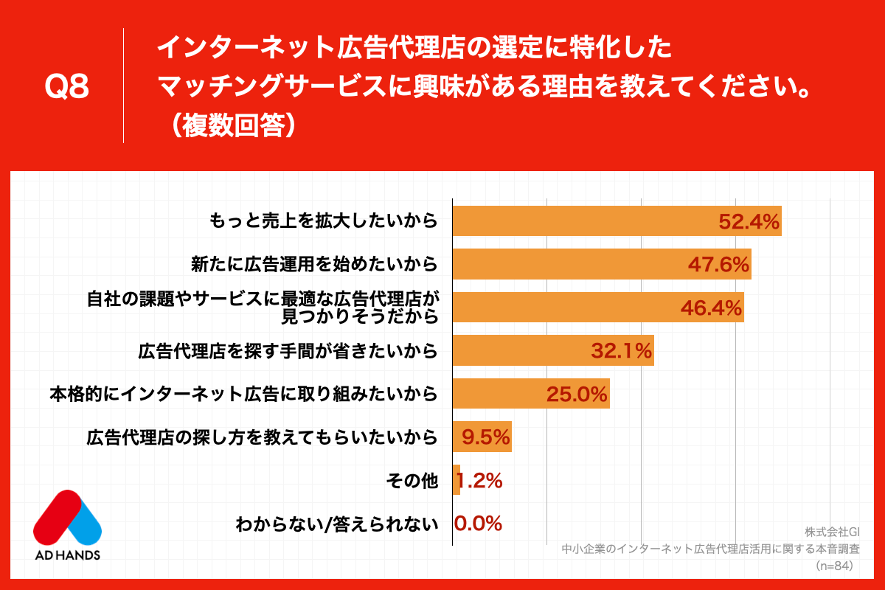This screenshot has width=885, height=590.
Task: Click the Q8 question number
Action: coord(67,87)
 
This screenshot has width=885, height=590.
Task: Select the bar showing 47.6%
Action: coord(601,264)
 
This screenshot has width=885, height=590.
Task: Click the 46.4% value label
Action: coord(710,308)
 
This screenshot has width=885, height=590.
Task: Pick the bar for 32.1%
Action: coord(552,351)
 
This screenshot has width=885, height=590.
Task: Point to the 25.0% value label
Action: coord(577,395)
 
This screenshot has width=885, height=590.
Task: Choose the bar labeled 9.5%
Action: coord(482,437)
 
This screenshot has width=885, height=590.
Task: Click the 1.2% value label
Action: coord(480,482)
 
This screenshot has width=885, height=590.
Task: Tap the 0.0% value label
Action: coord(478,524)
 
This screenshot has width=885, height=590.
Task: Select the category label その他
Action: coord(412,482)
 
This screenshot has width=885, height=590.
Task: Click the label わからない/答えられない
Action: coord(336,524)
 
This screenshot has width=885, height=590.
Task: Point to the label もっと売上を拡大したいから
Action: coord(323,221)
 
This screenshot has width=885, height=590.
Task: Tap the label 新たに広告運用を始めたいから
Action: coord(313,264)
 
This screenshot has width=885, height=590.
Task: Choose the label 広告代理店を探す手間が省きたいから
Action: coord(288,351)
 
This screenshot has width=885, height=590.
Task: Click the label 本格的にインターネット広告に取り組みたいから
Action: coord(243,395)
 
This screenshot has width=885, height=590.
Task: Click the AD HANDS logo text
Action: coord(67,554)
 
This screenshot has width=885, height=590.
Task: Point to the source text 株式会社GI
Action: coord(833,532)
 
